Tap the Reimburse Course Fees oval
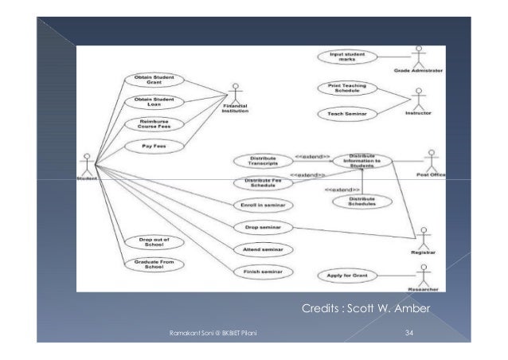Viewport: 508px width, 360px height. pyautogui.click(x=153, y=125)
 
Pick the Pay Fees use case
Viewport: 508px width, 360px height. pyautogui.click(x=153, y=147)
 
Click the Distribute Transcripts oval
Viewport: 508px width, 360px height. pyautogui.click(x=264, y=162)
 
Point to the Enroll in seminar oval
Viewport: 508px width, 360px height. pyautogui.click(x=263, y=205)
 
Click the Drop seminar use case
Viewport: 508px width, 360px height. pyautogui.click(x=263, y=227)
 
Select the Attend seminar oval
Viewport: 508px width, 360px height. pyautogui.click(x=263, y=249)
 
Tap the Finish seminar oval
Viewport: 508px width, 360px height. pyautogui.click(x=263, y=272)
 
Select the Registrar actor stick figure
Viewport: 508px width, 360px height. pyautogui.click(x=424, y=236)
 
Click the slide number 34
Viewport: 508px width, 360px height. pyautogui.click(x=408, y=332)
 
